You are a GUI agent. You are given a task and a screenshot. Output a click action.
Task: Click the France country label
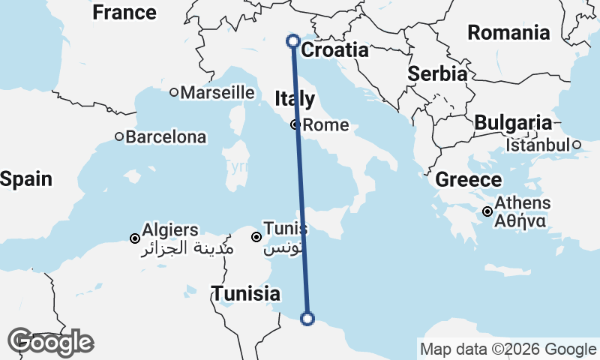point(124,13)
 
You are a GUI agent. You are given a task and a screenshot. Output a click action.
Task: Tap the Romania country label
point(508,32)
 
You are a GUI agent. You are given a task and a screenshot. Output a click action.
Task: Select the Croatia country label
point(334,50)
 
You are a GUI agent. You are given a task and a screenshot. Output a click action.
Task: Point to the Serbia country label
point(437,74)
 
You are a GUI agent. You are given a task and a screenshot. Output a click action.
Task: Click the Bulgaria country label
point(513,122)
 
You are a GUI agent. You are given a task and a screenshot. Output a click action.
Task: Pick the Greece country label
point(469,180)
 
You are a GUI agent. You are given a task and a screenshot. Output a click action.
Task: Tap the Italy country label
point(295,99)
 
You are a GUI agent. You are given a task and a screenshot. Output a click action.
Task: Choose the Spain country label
point(26,179)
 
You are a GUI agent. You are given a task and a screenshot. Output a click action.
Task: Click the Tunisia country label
point(246,294)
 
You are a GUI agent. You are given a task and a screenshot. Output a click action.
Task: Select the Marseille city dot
point(174,92)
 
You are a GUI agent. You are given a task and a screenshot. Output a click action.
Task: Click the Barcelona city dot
point(119,136)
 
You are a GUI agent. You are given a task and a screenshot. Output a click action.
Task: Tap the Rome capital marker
point(297,125)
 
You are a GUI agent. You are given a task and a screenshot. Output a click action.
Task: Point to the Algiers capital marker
point(135,238)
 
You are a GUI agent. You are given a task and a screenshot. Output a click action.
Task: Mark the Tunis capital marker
point(256,237)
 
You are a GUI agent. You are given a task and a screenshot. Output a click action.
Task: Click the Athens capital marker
point(487,211)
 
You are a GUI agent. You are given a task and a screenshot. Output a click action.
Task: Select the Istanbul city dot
point(577,145)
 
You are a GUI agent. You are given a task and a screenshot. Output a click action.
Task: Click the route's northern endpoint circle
point(293,41)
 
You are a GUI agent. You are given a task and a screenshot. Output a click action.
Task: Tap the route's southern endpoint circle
point(307,319)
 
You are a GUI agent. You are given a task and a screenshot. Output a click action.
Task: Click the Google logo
point(51,342)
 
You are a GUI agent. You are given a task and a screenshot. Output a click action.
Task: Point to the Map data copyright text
point(508,349)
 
